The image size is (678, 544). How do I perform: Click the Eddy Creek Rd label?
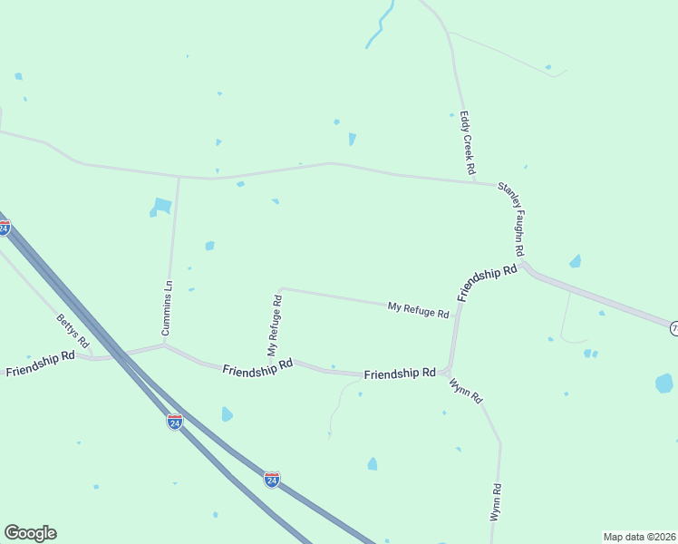pos(468,143)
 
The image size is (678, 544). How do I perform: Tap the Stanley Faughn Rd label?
pos(512,219)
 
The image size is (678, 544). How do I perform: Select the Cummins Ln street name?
pos(168,308)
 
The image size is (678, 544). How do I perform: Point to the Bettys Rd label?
pos(73,332)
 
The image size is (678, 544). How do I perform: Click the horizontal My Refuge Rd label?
pos(419,310)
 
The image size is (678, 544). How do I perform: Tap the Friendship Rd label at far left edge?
pos(40,364)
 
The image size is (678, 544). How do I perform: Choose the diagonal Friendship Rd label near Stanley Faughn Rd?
pos(487,283)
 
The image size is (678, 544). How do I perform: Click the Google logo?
pos(30,533)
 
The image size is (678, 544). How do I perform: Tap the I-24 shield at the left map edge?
pos(5,228)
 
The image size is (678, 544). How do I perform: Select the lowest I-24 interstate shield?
pos(271,479)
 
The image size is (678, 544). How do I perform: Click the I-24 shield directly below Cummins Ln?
pos(175,422)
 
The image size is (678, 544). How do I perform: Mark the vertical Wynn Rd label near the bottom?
pos(496,501)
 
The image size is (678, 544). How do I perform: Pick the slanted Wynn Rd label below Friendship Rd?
pos(466,391)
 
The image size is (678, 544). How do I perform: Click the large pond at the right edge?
pos(664,383)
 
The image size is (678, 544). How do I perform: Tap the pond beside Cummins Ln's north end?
pos(161,207)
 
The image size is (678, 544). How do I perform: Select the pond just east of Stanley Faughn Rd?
pos(575,262)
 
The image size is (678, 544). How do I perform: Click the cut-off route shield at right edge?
pos(673,328)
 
